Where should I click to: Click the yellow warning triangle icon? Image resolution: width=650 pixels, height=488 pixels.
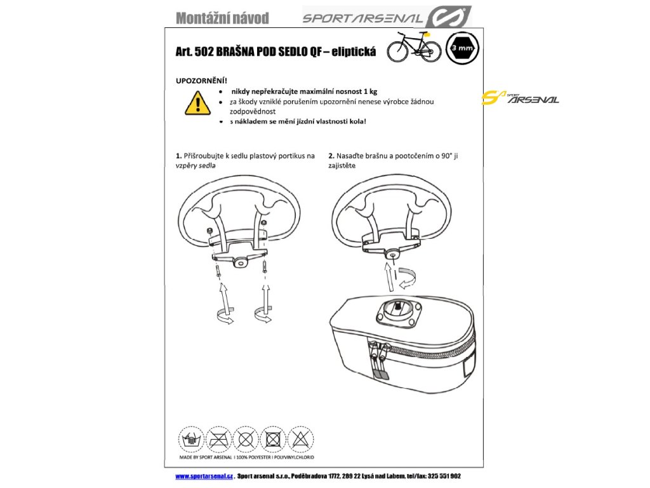[197, 103]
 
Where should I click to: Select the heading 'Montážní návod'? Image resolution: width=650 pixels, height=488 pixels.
[222, 18]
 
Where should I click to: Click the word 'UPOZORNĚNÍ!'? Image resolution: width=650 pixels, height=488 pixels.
[201, 81]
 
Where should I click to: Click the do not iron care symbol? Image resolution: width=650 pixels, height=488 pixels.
[218, 438]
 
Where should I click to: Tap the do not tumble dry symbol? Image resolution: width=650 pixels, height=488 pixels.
[273, 438]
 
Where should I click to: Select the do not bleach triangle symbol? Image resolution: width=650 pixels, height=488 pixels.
[300, 438]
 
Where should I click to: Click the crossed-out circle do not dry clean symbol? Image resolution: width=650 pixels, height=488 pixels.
[245, 438]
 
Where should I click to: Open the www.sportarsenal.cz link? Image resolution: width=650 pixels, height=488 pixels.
[204, 476]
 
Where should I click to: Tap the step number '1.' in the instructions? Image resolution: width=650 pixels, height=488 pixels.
[178, 156]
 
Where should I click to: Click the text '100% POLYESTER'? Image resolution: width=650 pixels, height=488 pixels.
[258, 457]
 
